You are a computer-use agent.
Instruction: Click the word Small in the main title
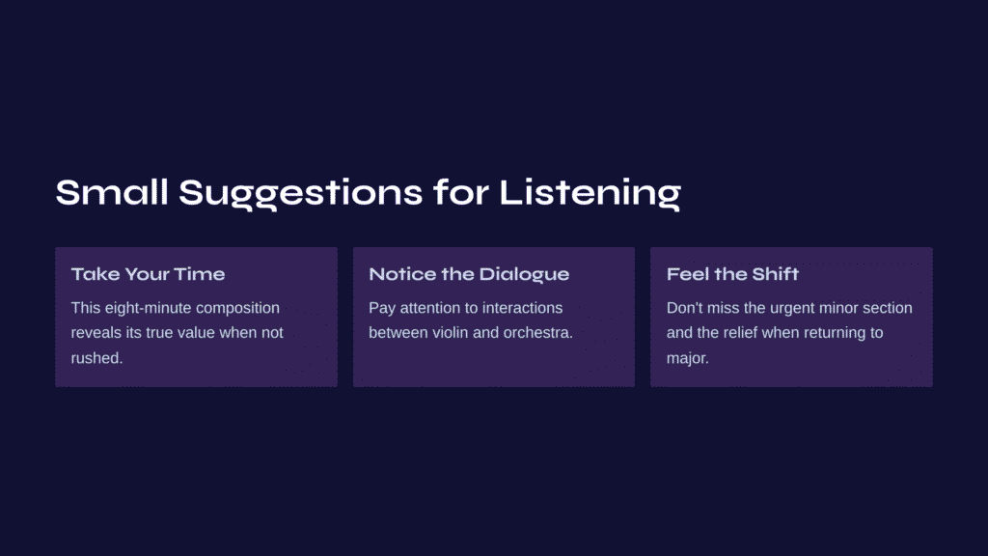pyautogui.click(x=112, y=192)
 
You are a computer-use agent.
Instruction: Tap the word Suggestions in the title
pyautogui.click(x=301, y=194)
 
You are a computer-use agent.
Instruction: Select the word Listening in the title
pyautogui.click(x=590, y=194)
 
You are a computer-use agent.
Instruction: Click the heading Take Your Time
pyautogui.click(x=148, y=274)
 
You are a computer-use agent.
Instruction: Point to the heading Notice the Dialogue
pyautogui.click(x=469, y=274)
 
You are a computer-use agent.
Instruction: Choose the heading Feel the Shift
pyautogui.click(x=733, y=273)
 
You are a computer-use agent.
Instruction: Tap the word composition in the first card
pyautogui.click(x=242, y=308)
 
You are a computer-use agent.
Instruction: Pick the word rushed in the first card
pyautogui.click(x=96, y=358)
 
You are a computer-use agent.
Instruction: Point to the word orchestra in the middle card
pyautogui.click(x=536, y=333)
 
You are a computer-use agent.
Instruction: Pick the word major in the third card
pyautogui.click(x=686, y=359)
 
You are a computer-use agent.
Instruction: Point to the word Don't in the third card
pyautogui.click(x=684, y=308)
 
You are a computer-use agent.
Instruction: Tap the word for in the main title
pyautogui.click(x=460, y=192)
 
